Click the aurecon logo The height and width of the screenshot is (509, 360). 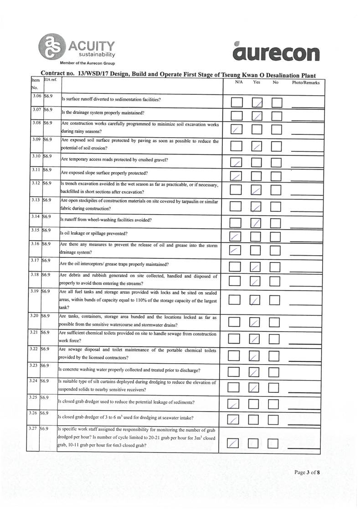click(x=276, y=51)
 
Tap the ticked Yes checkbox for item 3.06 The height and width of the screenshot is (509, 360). click(x=257, y=103)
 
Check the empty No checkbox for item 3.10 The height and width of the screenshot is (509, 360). click(x=276, y=162)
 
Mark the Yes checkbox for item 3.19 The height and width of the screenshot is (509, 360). click(x=256, y=300)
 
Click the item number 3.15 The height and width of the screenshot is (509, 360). click(x=34, y=230)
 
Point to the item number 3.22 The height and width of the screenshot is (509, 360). click(x=33, y=349)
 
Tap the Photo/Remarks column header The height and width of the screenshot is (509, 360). click(x=305, y=82)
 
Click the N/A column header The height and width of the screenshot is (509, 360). click(x=239, y=82)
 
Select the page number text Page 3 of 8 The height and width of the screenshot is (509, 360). click(x=307, y=472)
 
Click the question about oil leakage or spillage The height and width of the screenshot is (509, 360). click(x=94, y=233)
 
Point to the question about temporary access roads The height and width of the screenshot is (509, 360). click(x=114, y=160)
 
